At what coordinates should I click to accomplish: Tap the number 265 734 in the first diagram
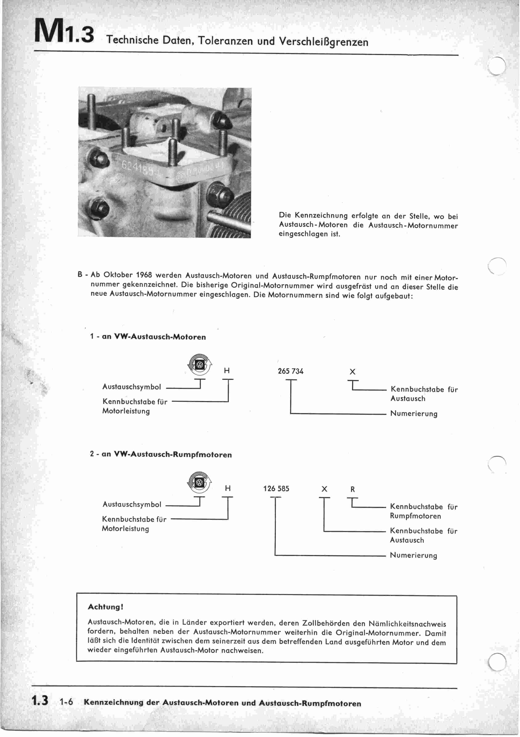click(x=290, y=371)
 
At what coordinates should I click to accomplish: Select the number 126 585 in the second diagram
click(x=276, y=489)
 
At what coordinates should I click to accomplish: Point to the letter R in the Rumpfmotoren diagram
click(x=353, y=489)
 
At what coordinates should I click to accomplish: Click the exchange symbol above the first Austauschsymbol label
click(x=200, y=365)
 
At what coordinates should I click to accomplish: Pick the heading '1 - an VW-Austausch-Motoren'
click(x=148, y=337)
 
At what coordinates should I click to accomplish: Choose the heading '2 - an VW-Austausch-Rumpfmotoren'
click(x=161, y=455)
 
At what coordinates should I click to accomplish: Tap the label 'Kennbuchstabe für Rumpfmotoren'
click(x=423, y=511)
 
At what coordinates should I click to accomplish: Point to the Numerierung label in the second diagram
click(x=413, y=555)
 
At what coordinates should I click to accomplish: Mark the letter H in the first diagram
click(x=227, y=371)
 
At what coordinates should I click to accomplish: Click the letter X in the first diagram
click(x=352, y=372)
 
